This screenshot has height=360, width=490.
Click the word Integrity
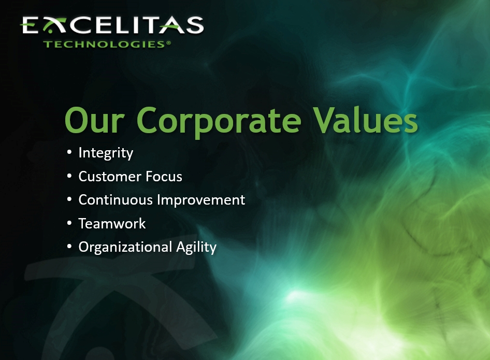tap(106, 153)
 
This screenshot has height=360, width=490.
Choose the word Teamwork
tap(112, 224)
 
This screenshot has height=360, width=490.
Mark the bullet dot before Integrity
tap(69, 153)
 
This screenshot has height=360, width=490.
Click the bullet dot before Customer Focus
tap(69, 176)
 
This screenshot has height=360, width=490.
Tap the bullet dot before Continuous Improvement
tap(69, 199)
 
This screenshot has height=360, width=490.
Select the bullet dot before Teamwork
tap(69, 223)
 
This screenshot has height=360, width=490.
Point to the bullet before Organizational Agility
tap(69, 247)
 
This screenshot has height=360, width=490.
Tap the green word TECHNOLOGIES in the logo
tap(104, 44)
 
